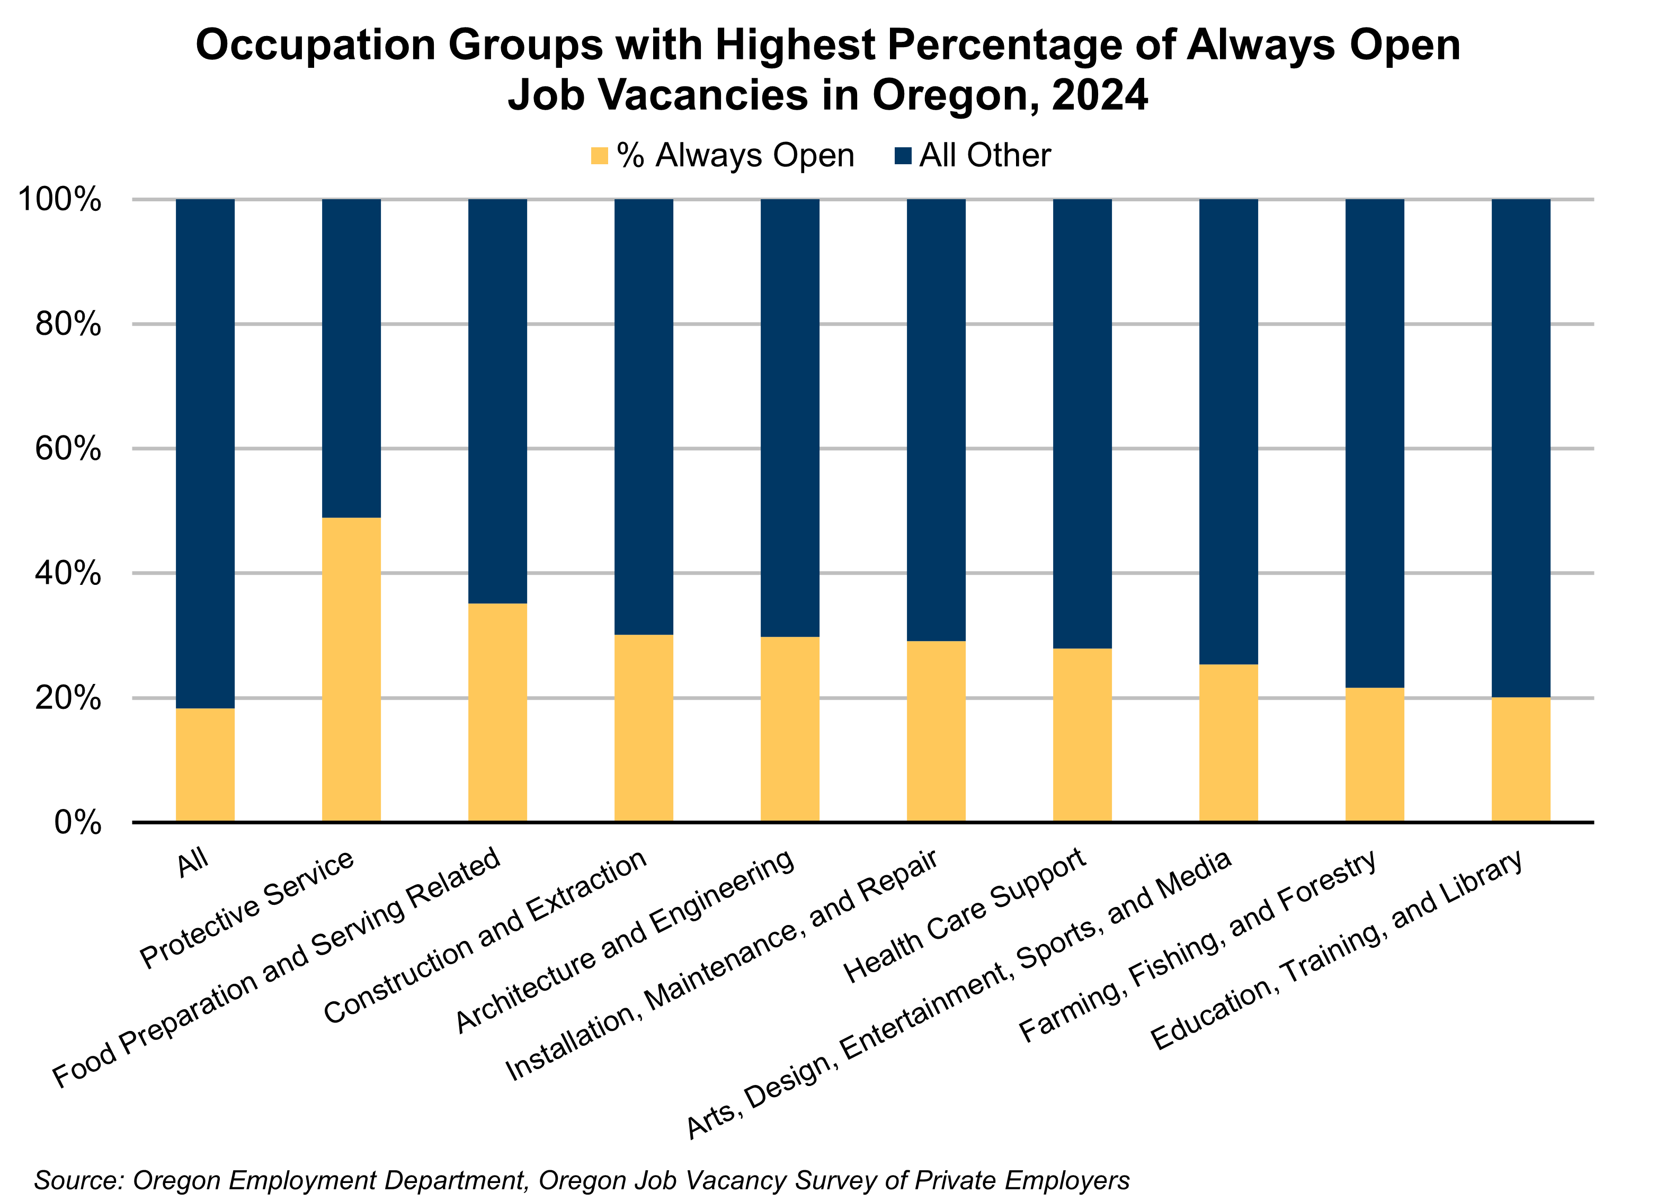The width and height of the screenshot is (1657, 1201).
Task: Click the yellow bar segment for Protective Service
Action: (x=351, y=670)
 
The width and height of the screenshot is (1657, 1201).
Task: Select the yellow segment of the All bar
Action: (x=206, y=765)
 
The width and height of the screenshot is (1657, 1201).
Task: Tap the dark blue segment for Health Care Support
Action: (x=1082, y=424)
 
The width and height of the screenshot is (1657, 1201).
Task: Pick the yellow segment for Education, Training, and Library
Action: (x=1520, y=760)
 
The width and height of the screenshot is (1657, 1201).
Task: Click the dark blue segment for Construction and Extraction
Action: (x=644, y=416)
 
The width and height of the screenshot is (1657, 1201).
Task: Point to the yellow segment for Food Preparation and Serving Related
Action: (x=497, y=712)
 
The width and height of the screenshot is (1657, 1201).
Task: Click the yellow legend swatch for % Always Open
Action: (x=599, y=156)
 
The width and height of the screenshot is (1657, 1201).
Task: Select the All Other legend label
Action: (x=984, y=156)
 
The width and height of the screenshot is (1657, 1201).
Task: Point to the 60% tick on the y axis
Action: (x=67, y=449)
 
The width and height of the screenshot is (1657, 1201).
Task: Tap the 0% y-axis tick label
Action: (x=77, y=823)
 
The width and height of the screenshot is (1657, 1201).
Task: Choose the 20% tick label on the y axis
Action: (x=67, y=698)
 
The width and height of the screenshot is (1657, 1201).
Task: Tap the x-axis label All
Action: (x=193, y=862)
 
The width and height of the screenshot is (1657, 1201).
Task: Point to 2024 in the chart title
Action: (x=1100, y=95)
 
